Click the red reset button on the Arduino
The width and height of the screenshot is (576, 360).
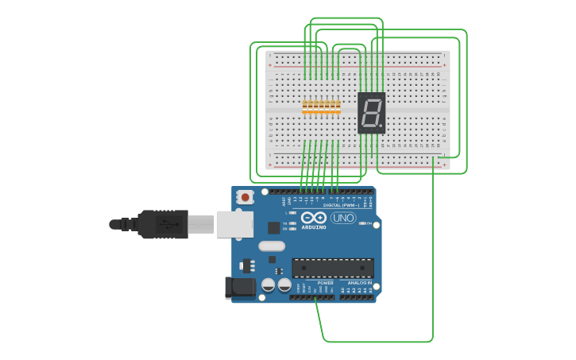click(245, 196)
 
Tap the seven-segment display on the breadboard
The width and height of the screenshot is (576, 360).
click(371, 112)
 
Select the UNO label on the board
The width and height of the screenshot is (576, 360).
click(343, 218)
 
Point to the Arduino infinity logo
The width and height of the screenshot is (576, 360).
click(313, 217)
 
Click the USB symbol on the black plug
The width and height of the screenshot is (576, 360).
click(168, 225)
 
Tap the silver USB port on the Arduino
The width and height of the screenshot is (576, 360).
click(234, 225)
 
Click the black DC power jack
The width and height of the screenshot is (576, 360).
click(240, 288)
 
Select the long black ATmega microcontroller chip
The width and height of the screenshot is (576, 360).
click(332, 268)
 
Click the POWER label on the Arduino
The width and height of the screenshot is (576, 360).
click(326, 283)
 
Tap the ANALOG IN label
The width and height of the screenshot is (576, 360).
click(357, 283)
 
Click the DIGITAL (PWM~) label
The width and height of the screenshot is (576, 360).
click(340, 205)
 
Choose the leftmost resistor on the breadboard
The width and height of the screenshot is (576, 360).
click(305, 106)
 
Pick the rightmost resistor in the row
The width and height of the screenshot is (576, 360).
click(338, 106)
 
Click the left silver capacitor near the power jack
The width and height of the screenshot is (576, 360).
click(269, 284)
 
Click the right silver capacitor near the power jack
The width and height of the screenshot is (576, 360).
click(284, 284)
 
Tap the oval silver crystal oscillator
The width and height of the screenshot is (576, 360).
click(271, 246)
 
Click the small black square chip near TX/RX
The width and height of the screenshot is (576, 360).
click(273, 227)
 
